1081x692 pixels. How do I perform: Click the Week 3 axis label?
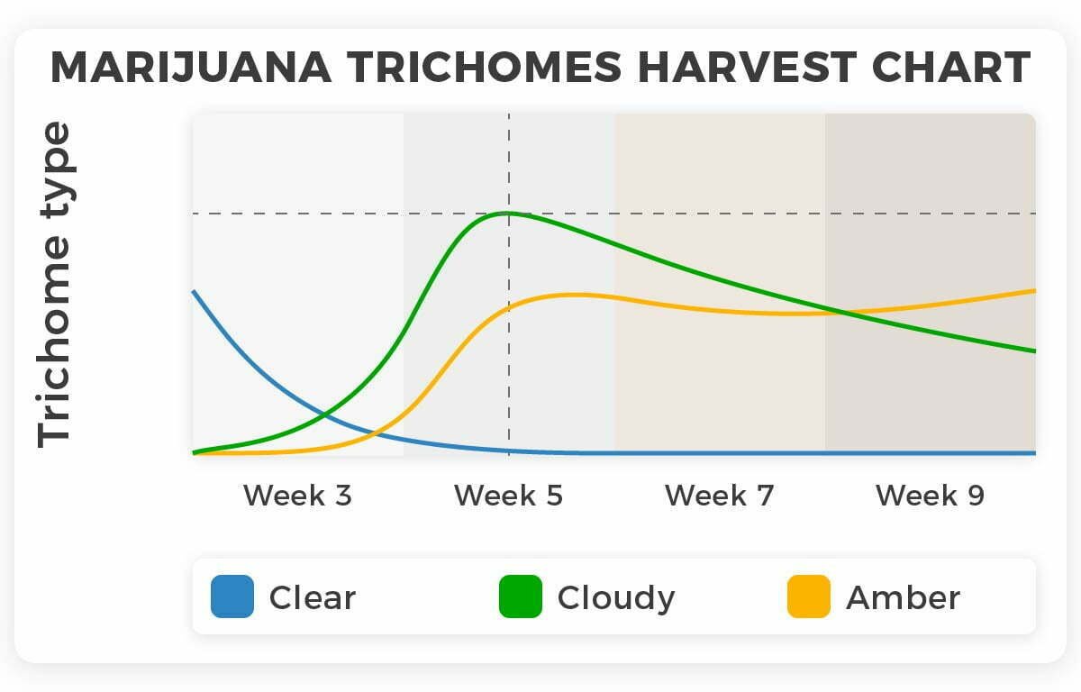pyautogui.click(x=297, y=496)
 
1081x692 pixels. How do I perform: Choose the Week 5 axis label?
pyautogui.click(x=508, y=496)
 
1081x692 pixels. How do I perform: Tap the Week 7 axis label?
pyautogui.click(x=719, y=496)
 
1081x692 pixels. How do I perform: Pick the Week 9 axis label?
pyautogui.click(x=930, y=496)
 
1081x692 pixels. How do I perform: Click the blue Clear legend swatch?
pyautogui.click(x=232, y=596)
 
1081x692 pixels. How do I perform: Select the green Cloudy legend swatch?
pyautogui.click(x=521, y=596)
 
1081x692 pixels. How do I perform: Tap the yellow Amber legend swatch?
pyautogui.click(x=809, y=596)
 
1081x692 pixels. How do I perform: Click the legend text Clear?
pyautogui.click(x=313, y=597)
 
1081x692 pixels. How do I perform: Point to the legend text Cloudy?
pyautogui.click(x=616, y=597)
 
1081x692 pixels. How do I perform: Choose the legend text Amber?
pyautogui.click(x=903, y=597)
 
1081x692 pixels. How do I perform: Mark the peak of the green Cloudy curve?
pyautogui.click(x=508, y=213)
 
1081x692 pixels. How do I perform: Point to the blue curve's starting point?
pyautogui.click(x=194, y=291)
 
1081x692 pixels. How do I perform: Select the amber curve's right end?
pyautogui.click(x=1034, y=290)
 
